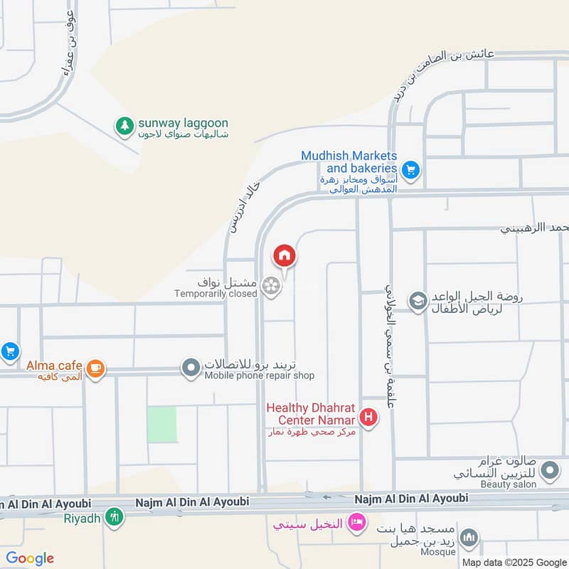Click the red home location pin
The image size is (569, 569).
click(x=284, y=255)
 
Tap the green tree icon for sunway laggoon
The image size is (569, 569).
click(x=125, y=126)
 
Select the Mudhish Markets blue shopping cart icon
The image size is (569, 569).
click(x=410, y=170)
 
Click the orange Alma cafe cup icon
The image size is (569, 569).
click(x=96, y=368)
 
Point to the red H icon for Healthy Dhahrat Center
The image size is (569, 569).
click(x=368, y=418)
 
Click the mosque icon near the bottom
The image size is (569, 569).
click(x=468, y=539)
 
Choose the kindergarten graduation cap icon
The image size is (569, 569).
click(x=418, y=301)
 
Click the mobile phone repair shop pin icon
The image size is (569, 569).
click(x=191, y=368)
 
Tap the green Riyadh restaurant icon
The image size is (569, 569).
click(x=113, y=517)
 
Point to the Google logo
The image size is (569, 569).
click(x=30, y=558)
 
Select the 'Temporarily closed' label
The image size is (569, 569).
click(x=216, y=294)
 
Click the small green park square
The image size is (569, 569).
click(x=161, y=425)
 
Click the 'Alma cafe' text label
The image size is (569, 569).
click(x=54, y=366)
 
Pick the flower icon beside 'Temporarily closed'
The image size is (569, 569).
click(x=270, y=287)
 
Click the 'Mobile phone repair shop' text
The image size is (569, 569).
click(x=260, y=376)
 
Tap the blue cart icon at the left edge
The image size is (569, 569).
click(x=9, y=351)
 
